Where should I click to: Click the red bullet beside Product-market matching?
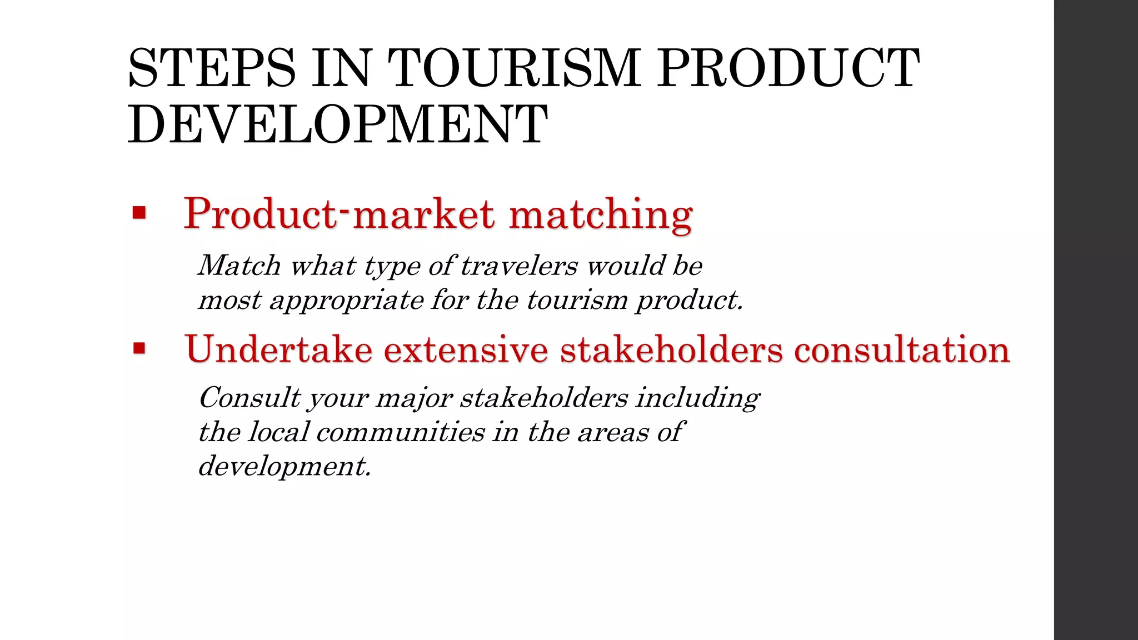(139, 213)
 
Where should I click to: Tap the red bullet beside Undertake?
(139, 349)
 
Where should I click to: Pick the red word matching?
(601, 214)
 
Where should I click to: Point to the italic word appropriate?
(346, 301)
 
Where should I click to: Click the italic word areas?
(612, 432)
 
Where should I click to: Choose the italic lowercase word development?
(284, 466)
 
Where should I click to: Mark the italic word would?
(626, 266)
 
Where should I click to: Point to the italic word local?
(278, 432)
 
